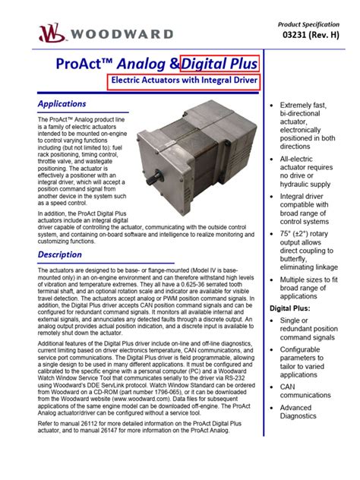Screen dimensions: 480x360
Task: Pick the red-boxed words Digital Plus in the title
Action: (219, 65)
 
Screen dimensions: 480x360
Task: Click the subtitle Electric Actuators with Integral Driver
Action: (184, 81)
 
